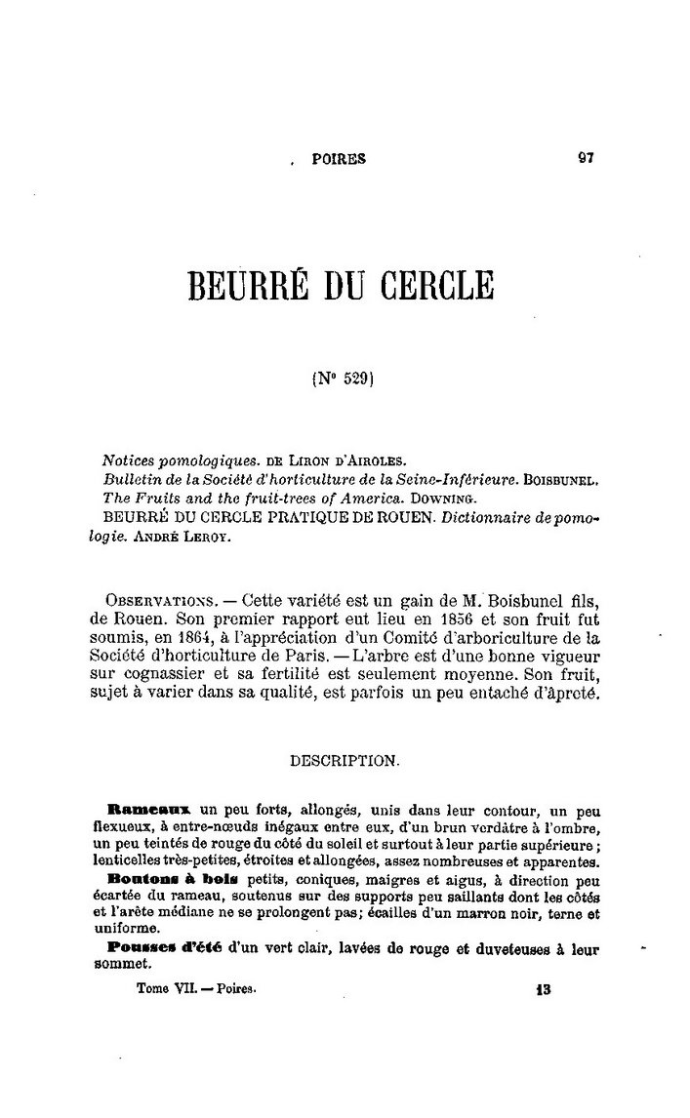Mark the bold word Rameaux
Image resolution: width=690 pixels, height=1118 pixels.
(149, 809)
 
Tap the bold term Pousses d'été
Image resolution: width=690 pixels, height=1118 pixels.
(161, 947)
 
